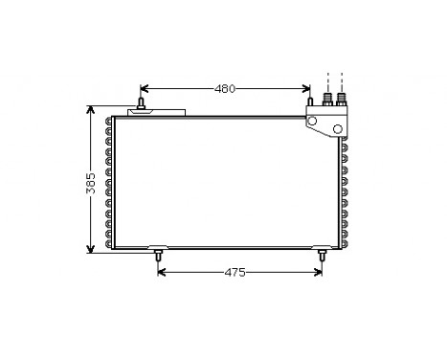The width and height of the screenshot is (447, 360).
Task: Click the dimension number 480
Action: pyautogui.click(x=225, y=89)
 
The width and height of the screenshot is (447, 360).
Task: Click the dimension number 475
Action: pyautogui.click(x=235, y=272)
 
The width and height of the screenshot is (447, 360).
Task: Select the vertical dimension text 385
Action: pyautogui.click(x=91, y=184)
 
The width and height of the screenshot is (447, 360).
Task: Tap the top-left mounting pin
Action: pyautogui.click(x=141, y=102)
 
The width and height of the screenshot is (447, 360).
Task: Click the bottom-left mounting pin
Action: pyautogui.click(x=158, y=257)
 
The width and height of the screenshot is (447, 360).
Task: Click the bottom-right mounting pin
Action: pyautogui.click(x=322, y=257)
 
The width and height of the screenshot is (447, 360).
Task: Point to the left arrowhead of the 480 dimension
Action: pyautogui.click(x=145, y=89)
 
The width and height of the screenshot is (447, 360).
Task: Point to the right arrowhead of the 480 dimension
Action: pyautogui.click(x=305, y=89)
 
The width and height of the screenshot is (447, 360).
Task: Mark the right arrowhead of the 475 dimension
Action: pyautogui.click(x=318, y=272)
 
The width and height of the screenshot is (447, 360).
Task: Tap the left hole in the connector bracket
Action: pyautogui.click(x=314, y=120)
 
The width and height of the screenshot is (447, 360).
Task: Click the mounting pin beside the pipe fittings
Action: pyautogui.click(x=310, y=103)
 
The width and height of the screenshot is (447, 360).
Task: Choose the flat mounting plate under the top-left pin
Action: pyautogui.click(x=158, y=113)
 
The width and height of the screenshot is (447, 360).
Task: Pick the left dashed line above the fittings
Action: pyautogui.click(x=327, y=79)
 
